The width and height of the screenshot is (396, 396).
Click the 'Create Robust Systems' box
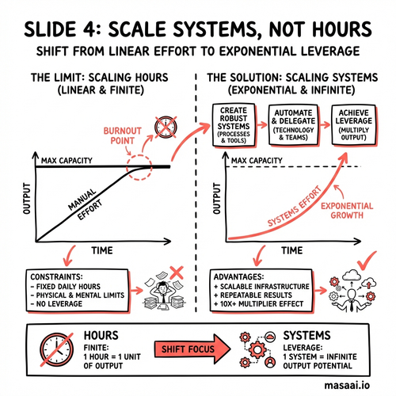pos(234,125)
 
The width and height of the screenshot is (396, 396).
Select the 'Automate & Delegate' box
pos(293,125)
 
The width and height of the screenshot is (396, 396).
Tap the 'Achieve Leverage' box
pos(353,125)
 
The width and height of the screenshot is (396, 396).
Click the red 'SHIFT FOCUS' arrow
pos(192,348)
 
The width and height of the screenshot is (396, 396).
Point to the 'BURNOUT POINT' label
pos(122,135)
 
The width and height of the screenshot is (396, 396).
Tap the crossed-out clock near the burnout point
pos(166,127)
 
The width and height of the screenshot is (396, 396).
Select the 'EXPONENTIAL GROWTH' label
pos(347,211)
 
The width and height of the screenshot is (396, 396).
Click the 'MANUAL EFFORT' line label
pos(85,204)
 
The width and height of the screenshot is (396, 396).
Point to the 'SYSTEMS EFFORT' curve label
pos(295,207)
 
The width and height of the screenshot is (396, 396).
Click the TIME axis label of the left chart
pos(102,250)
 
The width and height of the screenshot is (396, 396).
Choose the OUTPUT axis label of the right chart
pos(216,199)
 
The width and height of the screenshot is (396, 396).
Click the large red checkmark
pos(367,261)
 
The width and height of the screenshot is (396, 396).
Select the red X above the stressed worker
pos(177,273)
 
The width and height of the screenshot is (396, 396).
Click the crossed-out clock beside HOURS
pos(57,349)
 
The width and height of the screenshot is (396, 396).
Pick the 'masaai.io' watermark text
pos(347,385)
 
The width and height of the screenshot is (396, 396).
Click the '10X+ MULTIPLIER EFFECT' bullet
pos(259,304)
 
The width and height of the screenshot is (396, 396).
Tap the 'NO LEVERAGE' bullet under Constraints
pos(56,304)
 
